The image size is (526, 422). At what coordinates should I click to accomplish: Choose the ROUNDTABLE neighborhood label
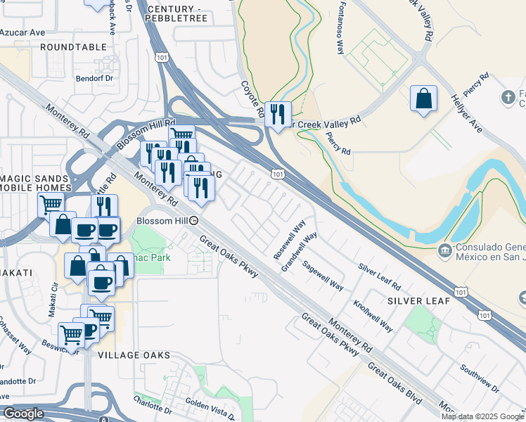point(73,46)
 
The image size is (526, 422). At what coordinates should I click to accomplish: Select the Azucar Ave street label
point(23,32)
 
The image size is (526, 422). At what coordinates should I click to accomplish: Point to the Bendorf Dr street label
point(95,78)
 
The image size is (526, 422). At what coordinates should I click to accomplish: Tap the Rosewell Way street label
point(289,239)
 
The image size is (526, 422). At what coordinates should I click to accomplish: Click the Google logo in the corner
point(23,414)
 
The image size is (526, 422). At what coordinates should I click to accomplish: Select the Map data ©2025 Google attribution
point(482,416)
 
